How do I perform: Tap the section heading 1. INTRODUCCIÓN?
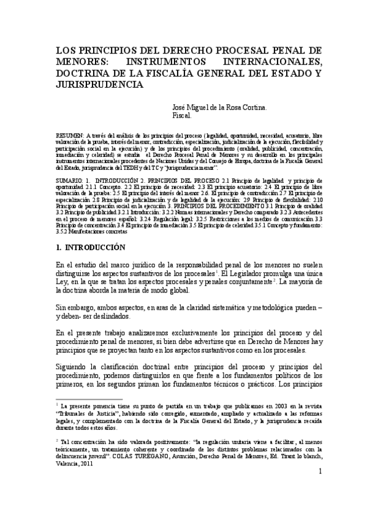[x=89, y=247]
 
